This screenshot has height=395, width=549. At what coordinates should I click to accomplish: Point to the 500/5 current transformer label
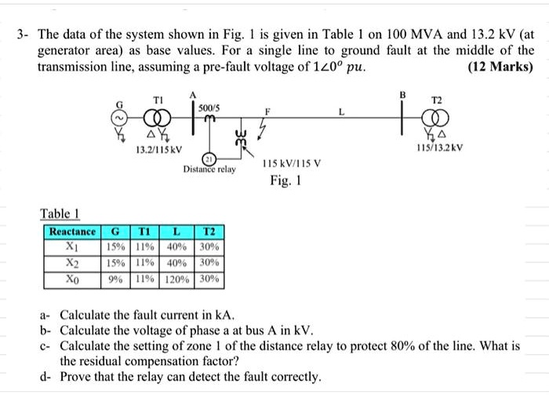[209, 106]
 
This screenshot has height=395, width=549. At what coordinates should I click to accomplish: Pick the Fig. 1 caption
[286, 181]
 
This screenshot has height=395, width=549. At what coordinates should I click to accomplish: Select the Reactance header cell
[73, 232]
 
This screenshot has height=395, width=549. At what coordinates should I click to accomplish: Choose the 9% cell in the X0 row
[115, 278]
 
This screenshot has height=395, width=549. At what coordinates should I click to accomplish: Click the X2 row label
[73, 262]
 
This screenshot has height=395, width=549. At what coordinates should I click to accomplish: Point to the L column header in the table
[178, 232]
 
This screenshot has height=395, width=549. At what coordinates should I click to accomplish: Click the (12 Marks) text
[500, 68]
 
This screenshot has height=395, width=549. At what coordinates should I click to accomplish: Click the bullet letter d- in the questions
[46, 377]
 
